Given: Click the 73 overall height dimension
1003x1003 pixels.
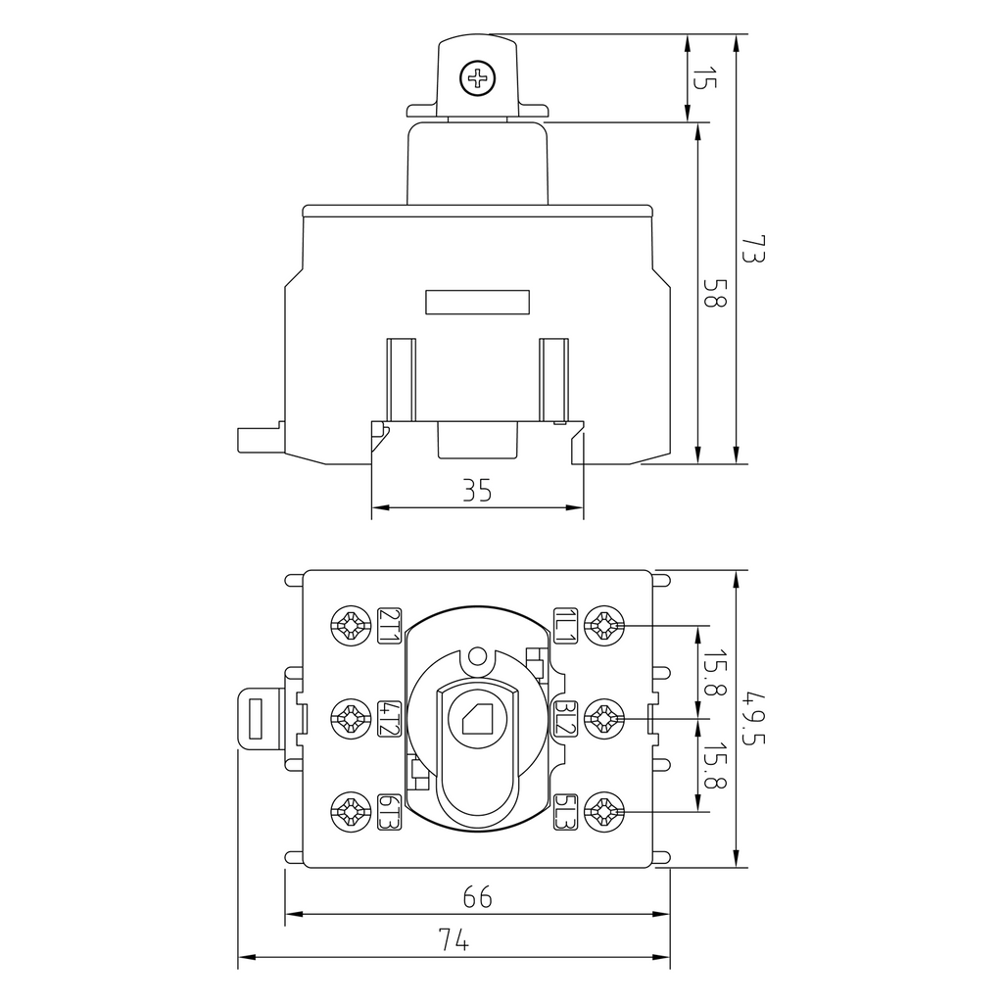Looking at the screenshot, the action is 753,249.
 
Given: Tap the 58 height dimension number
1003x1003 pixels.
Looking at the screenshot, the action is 714,292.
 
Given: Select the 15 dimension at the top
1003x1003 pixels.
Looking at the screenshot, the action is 704,77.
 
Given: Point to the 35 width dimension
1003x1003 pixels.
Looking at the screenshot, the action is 477,491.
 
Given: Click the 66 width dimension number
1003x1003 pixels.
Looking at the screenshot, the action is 477,897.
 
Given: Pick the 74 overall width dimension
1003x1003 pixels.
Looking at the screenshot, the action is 454,940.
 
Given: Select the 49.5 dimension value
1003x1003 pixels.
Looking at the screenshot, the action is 753,718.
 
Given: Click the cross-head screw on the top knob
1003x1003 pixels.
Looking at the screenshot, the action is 478,79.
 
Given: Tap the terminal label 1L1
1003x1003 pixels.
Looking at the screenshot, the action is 565,625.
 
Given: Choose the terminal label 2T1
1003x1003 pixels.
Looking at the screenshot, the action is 389,625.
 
